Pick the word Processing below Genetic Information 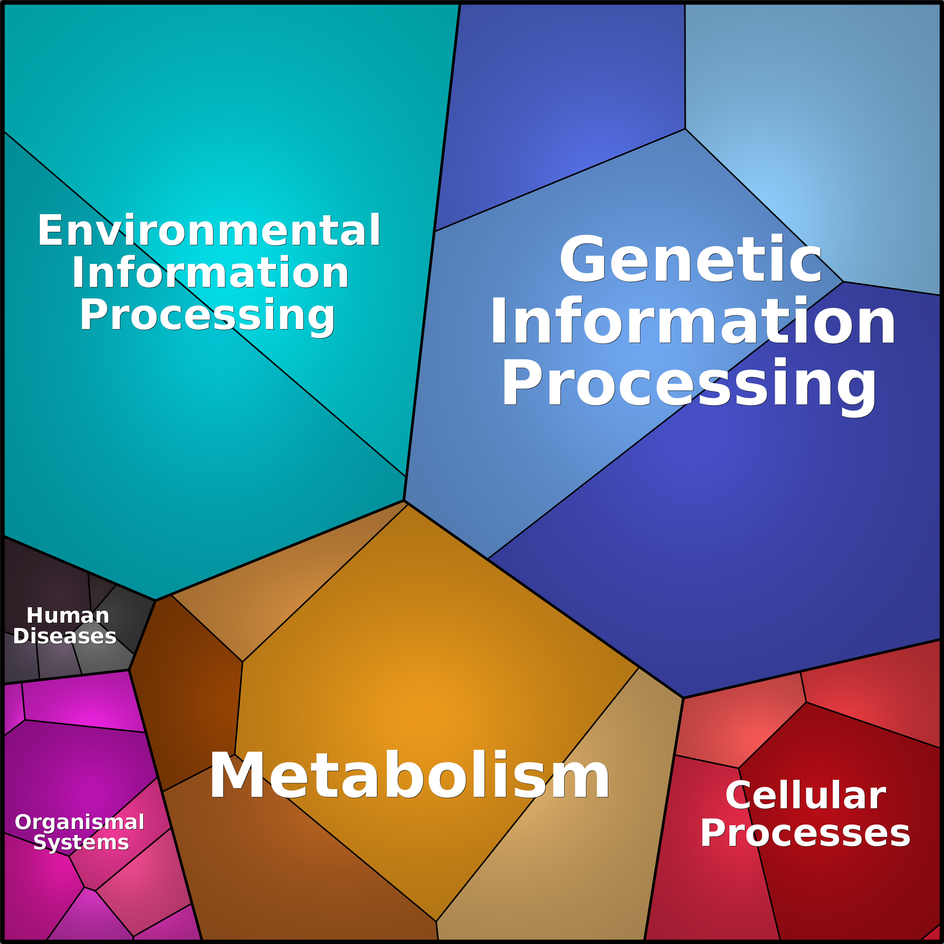point(689,386)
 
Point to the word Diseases point(65,636)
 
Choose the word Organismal point(79,822)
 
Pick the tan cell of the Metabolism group point(562,831)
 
